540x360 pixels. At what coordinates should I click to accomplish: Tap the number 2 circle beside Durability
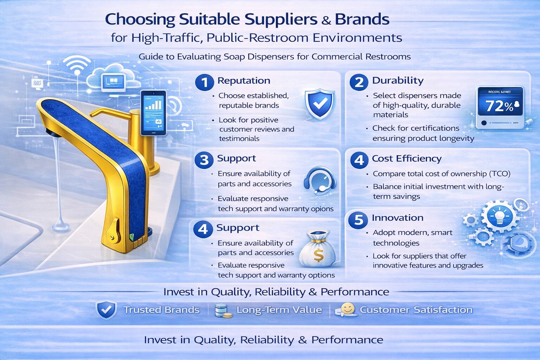click(x=359, y=82)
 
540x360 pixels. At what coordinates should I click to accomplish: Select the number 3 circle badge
click(x=204, y=160)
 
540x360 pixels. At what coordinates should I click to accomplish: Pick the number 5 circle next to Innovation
click(x=358, y=220)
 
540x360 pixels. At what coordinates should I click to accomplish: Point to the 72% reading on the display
click(x=499, y=106)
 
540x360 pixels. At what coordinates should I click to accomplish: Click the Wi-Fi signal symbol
click(x=77, y=65)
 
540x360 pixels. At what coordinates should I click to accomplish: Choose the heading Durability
click(x=398, y=81)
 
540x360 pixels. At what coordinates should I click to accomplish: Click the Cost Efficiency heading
click(x=406, y=159)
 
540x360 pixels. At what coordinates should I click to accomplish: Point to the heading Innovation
click(x=397, y=218)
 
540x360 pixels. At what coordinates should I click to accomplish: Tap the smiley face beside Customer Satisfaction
click(x=347, y=309)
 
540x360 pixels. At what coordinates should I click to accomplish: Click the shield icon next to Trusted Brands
click(x=106, y=310)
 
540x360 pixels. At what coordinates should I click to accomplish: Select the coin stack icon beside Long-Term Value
click(x=223, y=311)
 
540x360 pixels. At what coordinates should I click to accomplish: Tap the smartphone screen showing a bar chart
click(x=153, y=112)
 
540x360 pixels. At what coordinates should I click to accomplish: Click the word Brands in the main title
click(x=362, y=19)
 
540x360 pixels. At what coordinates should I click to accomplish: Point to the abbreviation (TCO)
click(x=499, y=174)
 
